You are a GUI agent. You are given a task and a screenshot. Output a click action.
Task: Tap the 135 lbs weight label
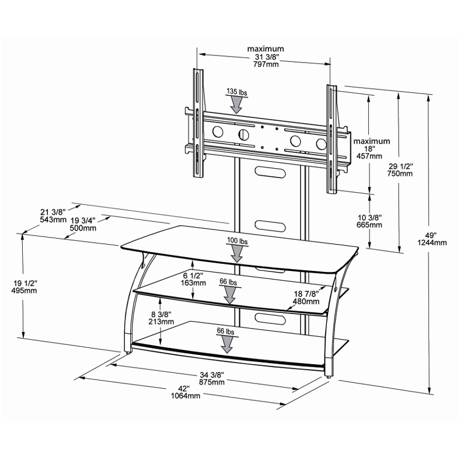pyautogui.click(x=236, y=92)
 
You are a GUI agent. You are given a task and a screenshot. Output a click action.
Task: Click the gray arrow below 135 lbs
pyautogui.click(x=236, y=105)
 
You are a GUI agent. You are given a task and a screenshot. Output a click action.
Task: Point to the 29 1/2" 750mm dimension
pyautogui.click(x=400, y=169)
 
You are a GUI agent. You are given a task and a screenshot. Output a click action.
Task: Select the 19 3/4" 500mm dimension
pyautogui.click(x=83, y=224)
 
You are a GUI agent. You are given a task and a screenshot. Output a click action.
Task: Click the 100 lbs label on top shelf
pyautogui.click(x=237, y=241)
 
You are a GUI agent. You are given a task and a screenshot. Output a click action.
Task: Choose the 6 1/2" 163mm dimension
pyautogui.click(x=193, y=279)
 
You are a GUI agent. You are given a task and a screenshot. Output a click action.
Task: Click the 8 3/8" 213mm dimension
pyautogui.click(x=161, y=317)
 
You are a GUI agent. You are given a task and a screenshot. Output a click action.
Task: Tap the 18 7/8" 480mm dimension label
pyautogui.click(x=306, y=298)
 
